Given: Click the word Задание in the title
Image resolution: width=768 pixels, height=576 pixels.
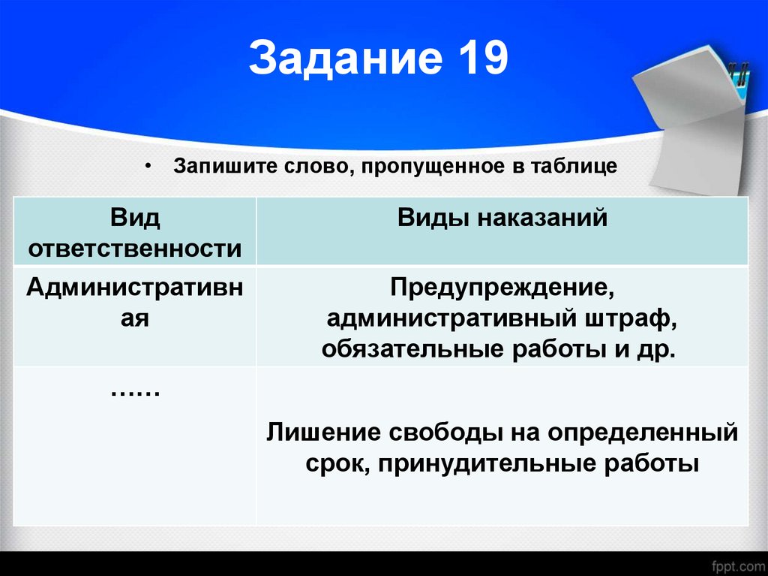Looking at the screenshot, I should pos(344,59).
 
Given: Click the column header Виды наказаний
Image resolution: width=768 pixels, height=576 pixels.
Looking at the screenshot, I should pos(502,218).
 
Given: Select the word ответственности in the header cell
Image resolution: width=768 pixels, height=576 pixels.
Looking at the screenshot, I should pos(135,249).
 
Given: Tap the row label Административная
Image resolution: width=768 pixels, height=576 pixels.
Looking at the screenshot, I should pos(135,302).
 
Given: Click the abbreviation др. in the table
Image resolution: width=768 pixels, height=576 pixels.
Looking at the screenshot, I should pos(661,350).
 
